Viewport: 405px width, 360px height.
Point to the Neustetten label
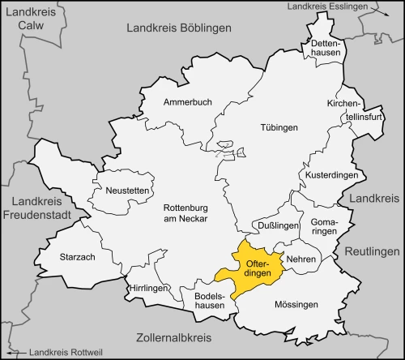tap(126, 190)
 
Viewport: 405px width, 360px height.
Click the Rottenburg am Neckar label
tap(190, 213)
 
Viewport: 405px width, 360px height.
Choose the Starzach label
tap(78, 257)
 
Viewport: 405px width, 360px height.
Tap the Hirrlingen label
tap(147, 289)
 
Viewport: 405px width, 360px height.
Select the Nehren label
tap(301, 259)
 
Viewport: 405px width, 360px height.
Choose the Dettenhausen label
tap(325, 47)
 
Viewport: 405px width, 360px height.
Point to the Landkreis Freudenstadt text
tap(41, 209)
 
